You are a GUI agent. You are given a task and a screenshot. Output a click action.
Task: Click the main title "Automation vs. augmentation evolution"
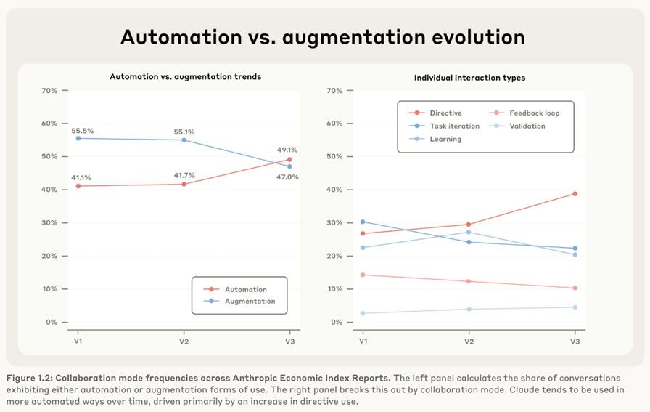tap(322, 37)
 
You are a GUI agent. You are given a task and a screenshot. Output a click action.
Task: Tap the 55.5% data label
tap(83, 131)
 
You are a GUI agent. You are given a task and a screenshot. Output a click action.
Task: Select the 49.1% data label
tap(287, 150)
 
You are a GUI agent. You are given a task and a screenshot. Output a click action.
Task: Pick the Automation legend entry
tap(245, 289)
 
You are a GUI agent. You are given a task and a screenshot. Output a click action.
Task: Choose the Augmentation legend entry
tap(250, 301)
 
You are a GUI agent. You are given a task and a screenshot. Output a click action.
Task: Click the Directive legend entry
tap(445, 113)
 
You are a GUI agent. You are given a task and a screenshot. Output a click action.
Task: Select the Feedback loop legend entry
tap(534, 113)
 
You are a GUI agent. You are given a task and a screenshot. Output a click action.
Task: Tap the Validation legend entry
tap(527, 126)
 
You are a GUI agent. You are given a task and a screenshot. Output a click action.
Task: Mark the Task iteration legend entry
tap(454, 126)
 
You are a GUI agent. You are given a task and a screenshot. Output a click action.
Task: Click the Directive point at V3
tap(575, 194)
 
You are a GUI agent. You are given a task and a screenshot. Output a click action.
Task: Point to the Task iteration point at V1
tap(363, 222)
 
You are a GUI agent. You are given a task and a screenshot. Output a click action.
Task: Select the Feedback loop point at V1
tap(363, 275)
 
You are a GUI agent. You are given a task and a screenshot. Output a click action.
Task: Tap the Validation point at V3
tap(575, 307)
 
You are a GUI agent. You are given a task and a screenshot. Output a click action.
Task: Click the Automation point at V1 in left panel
tap(78, 186)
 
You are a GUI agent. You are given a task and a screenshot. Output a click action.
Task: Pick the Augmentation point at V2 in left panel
tap(184, 140)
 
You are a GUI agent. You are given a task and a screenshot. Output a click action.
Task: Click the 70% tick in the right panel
tap(334, 91)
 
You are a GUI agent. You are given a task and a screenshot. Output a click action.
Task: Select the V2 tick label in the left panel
tap(184, 341)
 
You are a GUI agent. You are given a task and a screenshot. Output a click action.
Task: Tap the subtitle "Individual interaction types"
tap(469, 78)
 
